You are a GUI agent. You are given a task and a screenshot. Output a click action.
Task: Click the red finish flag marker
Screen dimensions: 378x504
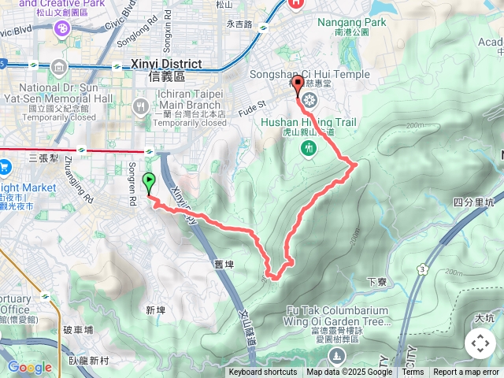(x=298, y=86)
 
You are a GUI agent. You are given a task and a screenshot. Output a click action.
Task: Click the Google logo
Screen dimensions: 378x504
(x=28, y=368)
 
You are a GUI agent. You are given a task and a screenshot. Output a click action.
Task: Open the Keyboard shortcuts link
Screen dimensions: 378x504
(x=263, y=372)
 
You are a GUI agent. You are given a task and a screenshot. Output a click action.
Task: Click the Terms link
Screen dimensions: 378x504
(x=413, y=372)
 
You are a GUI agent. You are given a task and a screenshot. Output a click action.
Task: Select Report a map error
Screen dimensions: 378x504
(x=466, y=372)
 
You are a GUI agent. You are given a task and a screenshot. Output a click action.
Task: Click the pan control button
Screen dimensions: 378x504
(x=480, y=343)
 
